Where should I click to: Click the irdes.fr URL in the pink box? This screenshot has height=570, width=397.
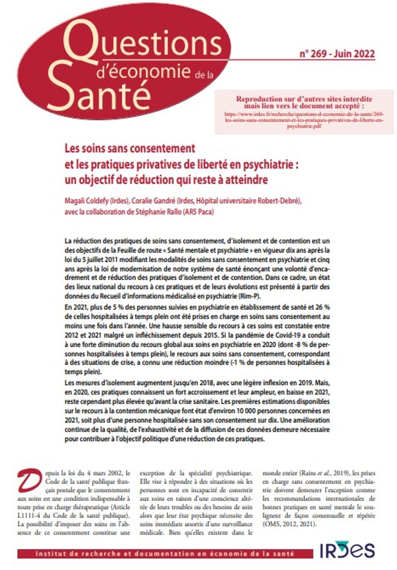(x=304, y=120)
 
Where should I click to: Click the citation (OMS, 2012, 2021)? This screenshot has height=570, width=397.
(x=289, y=524)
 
